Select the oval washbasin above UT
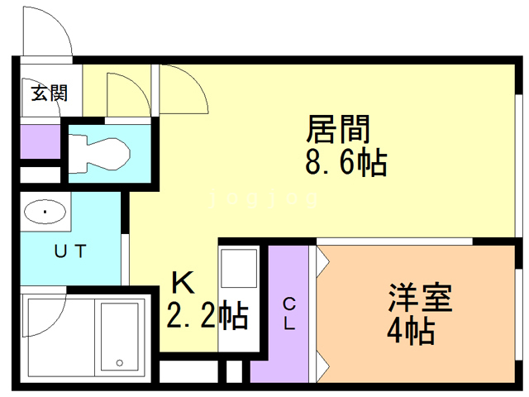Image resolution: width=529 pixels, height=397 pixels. click(x=45, y=213)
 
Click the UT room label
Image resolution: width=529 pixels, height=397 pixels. click(x=69, y=252)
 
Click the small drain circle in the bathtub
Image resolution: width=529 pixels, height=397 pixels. click(x=119, y=362)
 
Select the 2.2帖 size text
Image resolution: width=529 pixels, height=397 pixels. click(x=207, y=315)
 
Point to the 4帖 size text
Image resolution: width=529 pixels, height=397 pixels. click(x=410, y=332)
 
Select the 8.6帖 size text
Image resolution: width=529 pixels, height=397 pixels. click(x=345, y=163)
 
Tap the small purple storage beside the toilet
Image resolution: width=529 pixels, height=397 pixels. click(x=40, y=141)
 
